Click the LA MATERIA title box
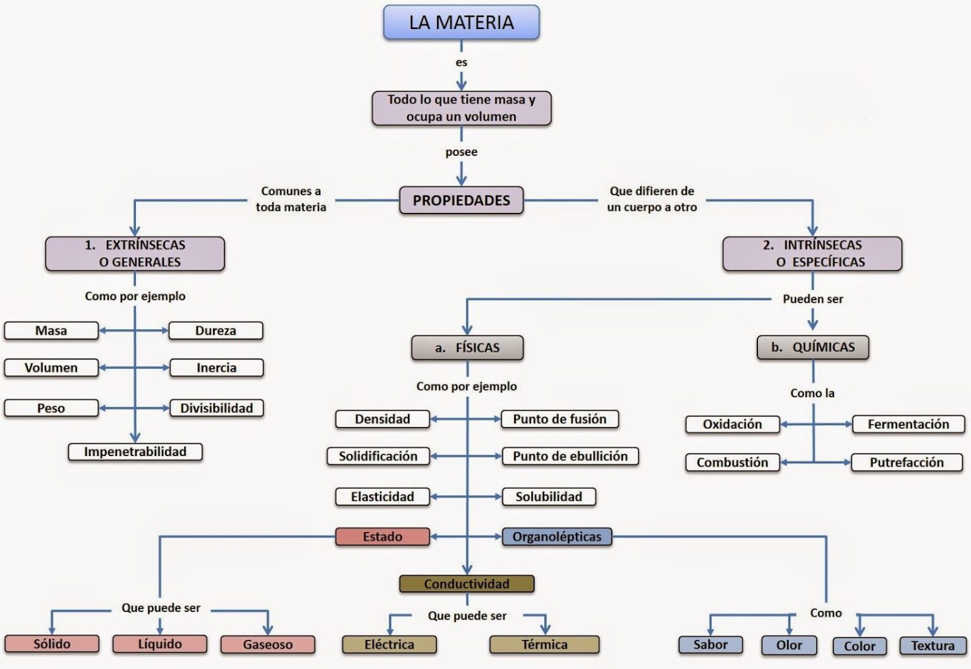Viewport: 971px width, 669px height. (461, 23)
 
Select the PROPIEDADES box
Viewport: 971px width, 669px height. (461, 200)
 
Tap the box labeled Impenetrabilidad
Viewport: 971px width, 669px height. (135, 452)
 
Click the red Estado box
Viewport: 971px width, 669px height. (382, 536)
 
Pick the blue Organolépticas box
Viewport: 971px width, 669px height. (556, 536)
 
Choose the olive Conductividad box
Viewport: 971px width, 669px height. (467, 584)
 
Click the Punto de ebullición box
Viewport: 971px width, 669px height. (570, 456)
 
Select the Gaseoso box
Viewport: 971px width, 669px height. (267, 644)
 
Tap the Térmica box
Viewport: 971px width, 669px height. (544, 644)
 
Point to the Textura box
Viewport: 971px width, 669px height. (932, 646)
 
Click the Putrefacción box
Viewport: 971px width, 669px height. (907, 462)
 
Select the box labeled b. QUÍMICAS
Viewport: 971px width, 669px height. (812, 347)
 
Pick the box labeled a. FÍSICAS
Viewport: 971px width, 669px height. (467, 347)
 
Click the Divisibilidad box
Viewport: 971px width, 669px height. (216, 408)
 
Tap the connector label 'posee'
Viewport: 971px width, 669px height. (461, 152)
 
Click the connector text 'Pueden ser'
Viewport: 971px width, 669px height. (812, 299)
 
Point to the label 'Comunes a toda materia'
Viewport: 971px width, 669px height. (291, 199)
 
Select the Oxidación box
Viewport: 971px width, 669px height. (732, 425)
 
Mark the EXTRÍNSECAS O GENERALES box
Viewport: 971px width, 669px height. (135, 253)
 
